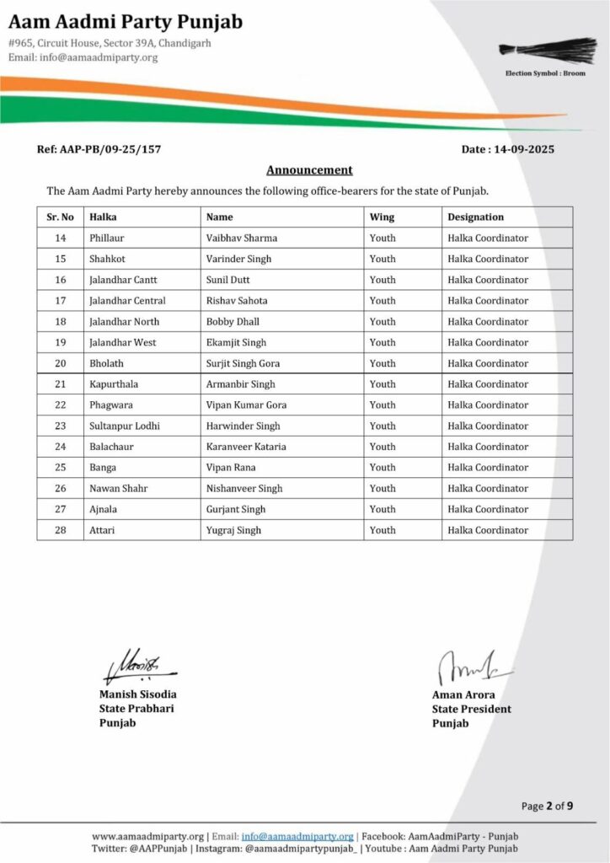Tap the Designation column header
tap(475, 217)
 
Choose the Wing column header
tap(382, 217)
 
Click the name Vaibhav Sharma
tap(242, 238)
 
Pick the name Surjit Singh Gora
tap(243, 363)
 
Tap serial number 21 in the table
tap(60, 384)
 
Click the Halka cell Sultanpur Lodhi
tap(125, 426)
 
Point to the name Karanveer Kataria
tap(246, 447)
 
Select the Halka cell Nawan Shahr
tap(118, 488)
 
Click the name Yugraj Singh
tap(233, 530)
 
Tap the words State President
tap(471, 709)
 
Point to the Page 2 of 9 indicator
tap(548, 806)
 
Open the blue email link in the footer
tap(297, 836)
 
